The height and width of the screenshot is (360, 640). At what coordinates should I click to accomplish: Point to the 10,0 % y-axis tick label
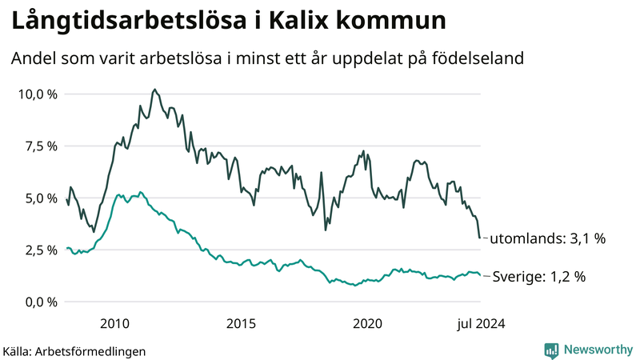click(x=38, y=94)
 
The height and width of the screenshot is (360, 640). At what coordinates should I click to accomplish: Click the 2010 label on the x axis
click(x=114, y=323)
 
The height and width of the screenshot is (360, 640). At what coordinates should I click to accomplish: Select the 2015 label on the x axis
click(x=241, y=323)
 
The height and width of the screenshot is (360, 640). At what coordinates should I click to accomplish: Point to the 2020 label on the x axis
click(x=367, y=323)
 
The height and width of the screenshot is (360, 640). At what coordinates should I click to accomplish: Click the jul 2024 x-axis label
click(x=480, y=323)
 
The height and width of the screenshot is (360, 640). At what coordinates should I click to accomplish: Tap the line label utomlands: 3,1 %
click(x=547, y=238)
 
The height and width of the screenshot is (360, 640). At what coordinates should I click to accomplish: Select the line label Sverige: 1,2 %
click(x=538, y=277)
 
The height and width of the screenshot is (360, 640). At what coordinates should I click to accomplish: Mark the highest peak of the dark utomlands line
click(x=154, y=90)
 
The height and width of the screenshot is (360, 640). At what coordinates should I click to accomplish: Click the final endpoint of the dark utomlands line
click(x=480, y=238)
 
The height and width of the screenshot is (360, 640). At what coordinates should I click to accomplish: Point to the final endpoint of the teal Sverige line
click(x=480, y=276)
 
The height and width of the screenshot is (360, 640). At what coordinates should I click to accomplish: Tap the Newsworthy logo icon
click(x=551, y=350)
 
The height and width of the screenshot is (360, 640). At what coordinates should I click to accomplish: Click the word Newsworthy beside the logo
click(x=598, y=350)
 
